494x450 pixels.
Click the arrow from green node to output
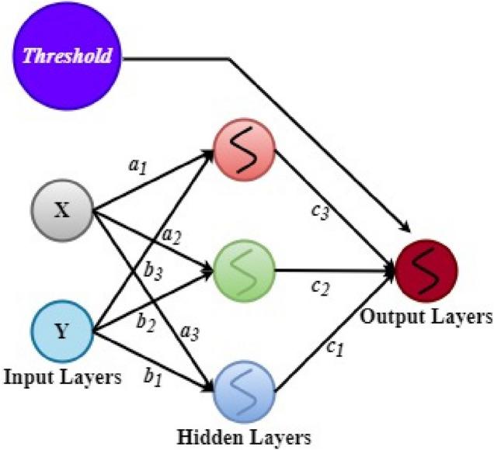[x=334, y=272]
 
